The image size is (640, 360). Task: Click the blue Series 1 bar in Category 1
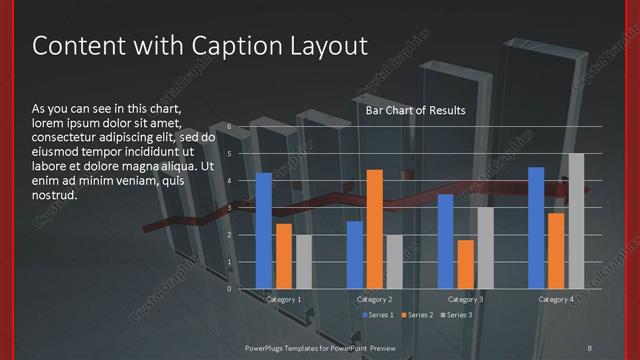tap(264, 231)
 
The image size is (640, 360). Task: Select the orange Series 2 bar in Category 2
tap(375, 229)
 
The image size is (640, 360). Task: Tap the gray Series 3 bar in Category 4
tap(576, 221)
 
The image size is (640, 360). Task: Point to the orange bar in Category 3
tap(465, 264)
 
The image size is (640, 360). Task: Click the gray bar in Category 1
tap(304, 262)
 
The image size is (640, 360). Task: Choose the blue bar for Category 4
tap(536, 228)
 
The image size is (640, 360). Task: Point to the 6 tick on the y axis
tap(229, 127)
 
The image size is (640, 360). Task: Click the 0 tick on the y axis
tap(229, 289)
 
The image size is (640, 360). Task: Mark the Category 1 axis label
tap(284, 300)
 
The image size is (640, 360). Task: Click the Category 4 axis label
tap(556, 300)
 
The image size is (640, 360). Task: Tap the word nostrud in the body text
tap(54, 194)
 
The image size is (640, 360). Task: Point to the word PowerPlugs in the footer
tap(267, 347)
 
